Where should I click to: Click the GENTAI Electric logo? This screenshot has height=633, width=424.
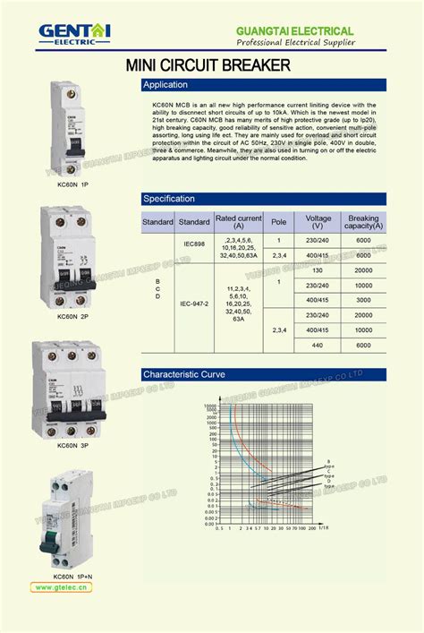coord(74,33)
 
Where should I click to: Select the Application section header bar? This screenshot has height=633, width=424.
coord(264,85)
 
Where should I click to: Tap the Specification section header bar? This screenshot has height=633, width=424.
coord(264,199)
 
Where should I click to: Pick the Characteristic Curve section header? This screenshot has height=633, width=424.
coord(264,374)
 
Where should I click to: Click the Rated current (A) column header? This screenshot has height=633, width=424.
coord(239,222)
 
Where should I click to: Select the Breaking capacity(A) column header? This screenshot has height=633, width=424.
coord(363,222)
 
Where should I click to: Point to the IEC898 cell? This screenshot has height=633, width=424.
coord(194,244)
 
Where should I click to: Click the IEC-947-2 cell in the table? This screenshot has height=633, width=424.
coord(194,304)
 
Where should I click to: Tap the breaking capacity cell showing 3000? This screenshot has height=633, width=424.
coord(363,299)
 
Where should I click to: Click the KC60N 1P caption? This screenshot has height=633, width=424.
coord(72,184)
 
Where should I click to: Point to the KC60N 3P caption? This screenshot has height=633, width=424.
coord(72,445)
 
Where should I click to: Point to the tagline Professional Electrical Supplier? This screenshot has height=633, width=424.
coord(295,43)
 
